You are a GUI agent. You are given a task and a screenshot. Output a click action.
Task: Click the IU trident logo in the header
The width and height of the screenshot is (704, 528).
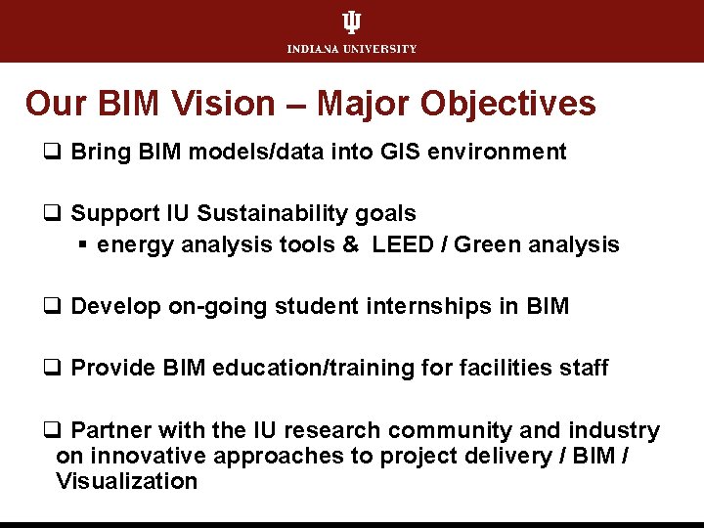tap(351, 22)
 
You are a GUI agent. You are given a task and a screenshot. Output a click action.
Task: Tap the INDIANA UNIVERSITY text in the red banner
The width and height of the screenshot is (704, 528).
tap(352, 49)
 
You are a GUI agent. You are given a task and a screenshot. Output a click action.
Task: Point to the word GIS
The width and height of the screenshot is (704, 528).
tap(401, 152)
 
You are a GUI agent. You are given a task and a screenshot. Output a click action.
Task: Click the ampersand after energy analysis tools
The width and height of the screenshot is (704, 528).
tap(350, 244)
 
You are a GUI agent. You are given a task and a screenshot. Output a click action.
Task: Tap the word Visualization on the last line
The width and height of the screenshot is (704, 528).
tap(126, 481)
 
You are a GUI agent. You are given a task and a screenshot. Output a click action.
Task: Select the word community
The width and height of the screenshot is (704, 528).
tap(461, 430)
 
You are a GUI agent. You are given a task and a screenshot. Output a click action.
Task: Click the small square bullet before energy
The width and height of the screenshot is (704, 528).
tap(84, 244)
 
